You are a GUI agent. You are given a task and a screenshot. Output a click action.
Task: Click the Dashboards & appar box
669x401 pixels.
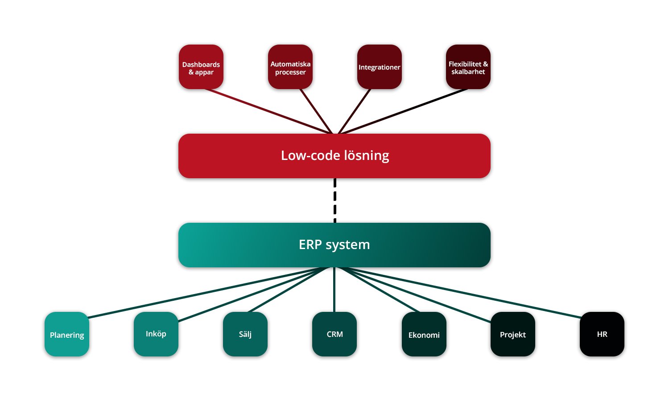(x=201, y=67)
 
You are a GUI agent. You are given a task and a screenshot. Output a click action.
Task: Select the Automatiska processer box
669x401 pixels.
(x=290, y=67)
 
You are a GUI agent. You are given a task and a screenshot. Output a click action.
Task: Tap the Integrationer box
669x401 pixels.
(x=379, y=67)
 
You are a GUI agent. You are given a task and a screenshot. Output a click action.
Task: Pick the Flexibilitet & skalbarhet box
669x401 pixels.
(x=468, y=67)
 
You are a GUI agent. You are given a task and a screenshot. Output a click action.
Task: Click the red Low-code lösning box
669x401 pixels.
(x=334, y=156)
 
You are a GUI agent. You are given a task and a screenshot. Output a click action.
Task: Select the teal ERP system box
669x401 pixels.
(x=334, y=245)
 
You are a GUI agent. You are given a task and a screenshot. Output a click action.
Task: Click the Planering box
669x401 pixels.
(x=67, y=334)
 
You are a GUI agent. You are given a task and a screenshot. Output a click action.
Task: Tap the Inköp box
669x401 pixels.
(x=156, y=334)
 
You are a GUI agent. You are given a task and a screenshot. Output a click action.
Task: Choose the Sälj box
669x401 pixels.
(x=245, y=334)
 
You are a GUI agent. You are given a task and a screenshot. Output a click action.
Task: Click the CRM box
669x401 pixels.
(x=334, y=334)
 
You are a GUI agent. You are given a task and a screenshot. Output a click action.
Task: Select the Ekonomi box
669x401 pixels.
(x=424, y=334)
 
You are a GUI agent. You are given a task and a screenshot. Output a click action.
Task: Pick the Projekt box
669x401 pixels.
(x=513, y=334)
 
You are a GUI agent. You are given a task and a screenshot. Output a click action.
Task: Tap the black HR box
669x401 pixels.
(x=602, y=334)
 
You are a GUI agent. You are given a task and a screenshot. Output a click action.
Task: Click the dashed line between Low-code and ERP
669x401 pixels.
(x=335, y=200)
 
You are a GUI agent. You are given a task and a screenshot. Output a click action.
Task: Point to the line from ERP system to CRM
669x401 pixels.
(x=334, y=290)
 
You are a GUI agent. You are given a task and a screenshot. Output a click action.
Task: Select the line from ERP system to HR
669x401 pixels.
(x=464, y=292)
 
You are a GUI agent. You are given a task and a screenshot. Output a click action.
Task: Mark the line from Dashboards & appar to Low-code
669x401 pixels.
(x=268, y=111)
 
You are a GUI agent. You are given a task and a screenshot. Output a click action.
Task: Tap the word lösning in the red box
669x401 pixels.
(x=367, y=156)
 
